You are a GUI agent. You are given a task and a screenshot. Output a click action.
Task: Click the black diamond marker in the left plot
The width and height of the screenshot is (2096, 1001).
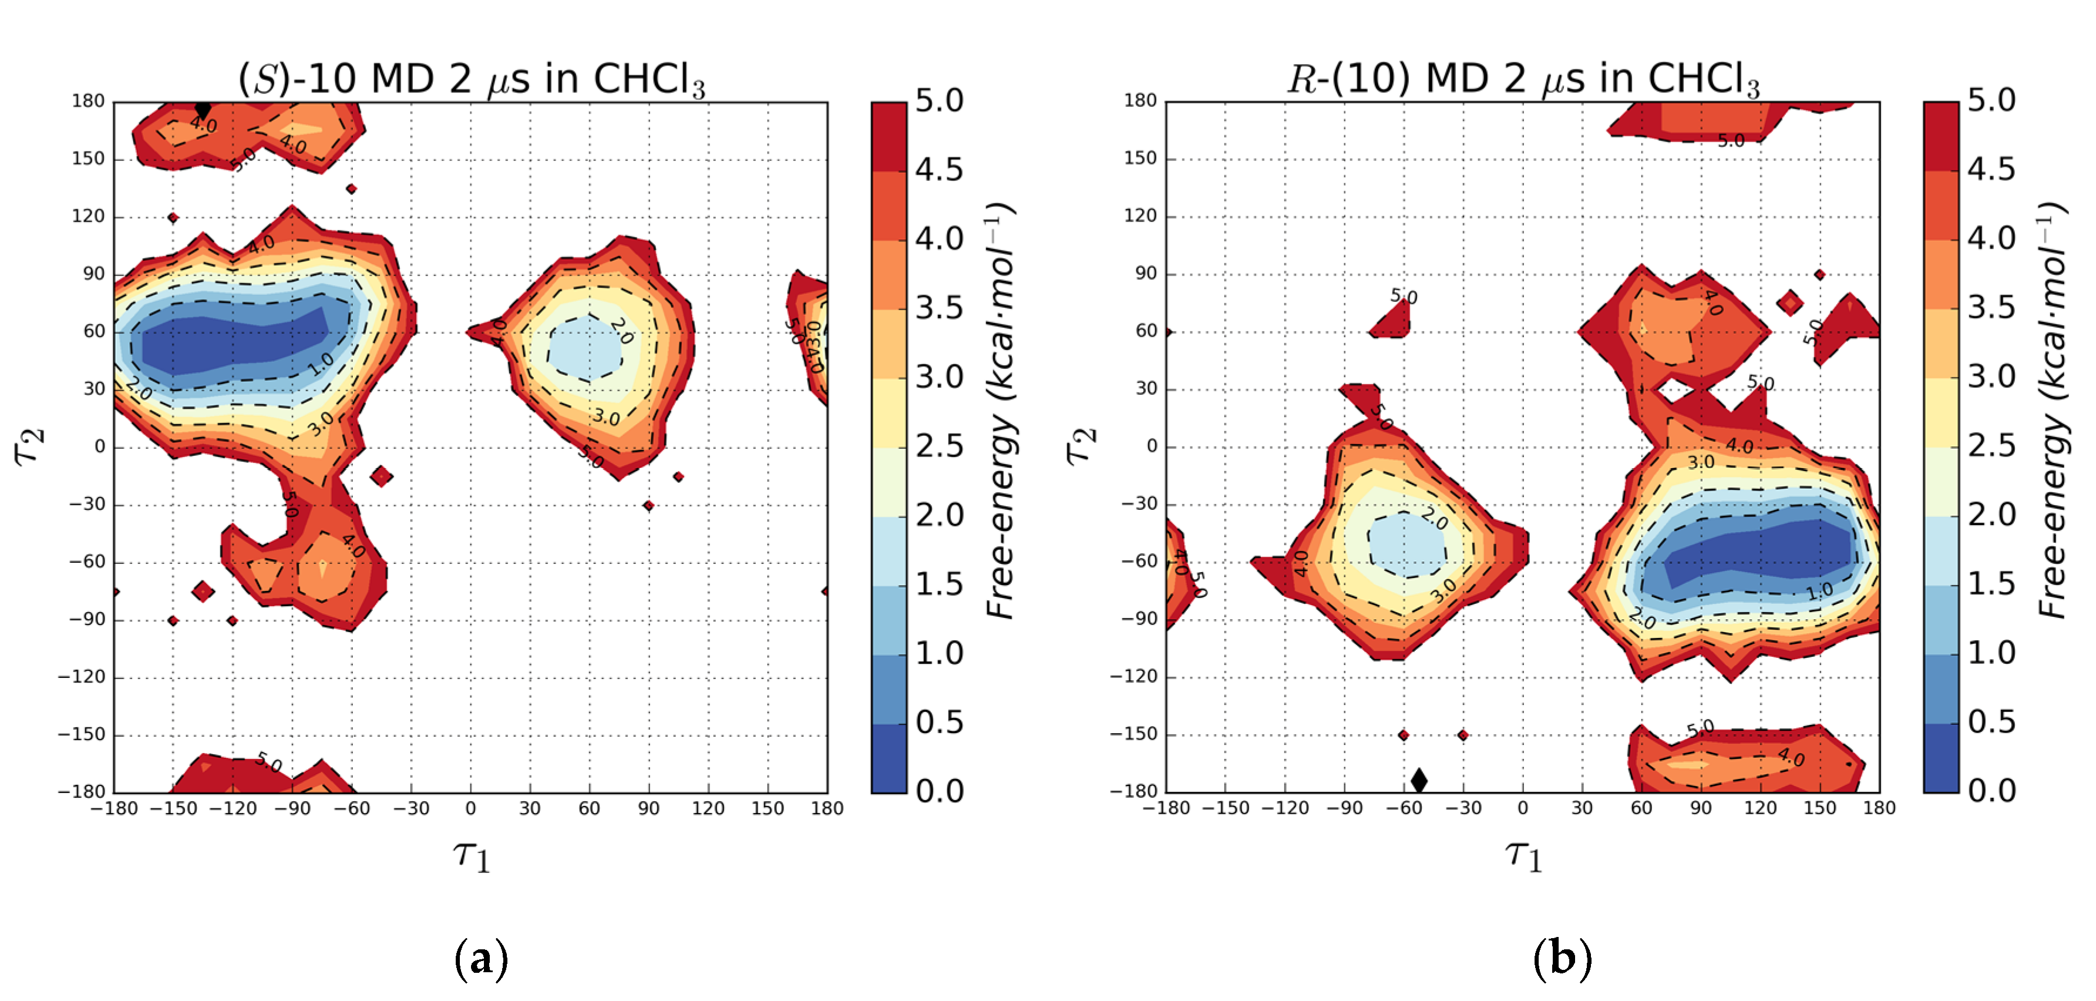203,109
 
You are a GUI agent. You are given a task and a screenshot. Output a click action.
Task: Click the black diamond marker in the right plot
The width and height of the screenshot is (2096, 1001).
1419,780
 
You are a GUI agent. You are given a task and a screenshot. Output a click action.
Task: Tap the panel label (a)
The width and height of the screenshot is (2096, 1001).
482,958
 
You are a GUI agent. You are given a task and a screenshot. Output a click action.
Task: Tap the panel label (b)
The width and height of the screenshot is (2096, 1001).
1562,958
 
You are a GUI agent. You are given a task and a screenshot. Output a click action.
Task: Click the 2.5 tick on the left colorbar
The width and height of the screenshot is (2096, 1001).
939,446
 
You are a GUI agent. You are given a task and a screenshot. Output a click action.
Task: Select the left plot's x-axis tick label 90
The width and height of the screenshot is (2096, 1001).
648,808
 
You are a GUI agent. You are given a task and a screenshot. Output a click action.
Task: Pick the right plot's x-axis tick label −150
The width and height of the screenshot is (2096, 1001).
1226,808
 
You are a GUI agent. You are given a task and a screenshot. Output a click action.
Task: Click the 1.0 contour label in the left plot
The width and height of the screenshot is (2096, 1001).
321,364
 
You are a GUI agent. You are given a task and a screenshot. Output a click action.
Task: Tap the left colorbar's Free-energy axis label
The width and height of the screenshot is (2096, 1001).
1001,411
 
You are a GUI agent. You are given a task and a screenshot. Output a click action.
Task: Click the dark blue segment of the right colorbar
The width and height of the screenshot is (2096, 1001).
1940,757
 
